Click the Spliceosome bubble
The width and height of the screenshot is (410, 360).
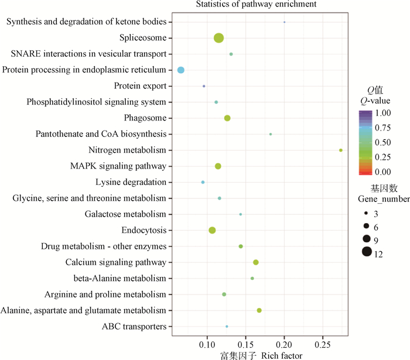point(218,38)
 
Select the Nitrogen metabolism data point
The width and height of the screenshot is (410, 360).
point(341,150)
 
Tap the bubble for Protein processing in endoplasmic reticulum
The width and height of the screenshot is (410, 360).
point(181,70)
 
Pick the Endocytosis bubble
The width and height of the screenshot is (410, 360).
point(212,230)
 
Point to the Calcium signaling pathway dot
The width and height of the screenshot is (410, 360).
point(256,262)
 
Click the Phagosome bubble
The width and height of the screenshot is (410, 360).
point(227,118)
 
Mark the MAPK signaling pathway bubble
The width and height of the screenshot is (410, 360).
point(218,166)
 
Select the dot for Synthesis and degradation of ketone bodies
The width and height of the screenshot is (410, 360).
point(285,22)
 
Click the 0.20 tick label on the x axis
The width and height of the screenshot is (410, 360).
point(284,345)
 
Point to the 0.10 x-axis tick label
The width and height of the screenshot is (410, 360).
point(207,345)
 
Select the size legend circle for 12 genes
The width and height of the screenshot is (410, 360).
point(367,252)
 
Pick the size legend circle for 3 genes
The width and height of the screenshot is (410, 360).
point(367,214)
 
